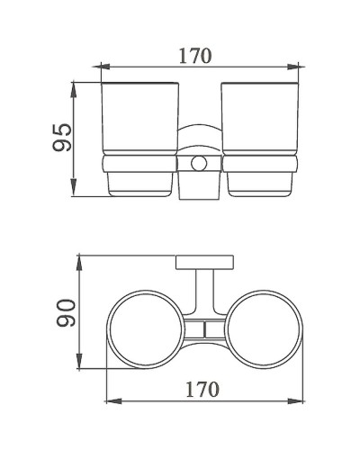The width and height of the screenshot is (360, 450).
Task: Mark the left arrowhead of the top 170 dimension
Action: click(x=102, y=66)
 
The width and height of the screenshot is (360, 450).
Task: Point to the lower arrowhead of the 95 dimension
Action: click(x=75, y=194)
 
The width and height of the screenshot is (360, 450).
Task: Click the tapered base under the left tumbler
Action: click(x=139, y=184)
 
